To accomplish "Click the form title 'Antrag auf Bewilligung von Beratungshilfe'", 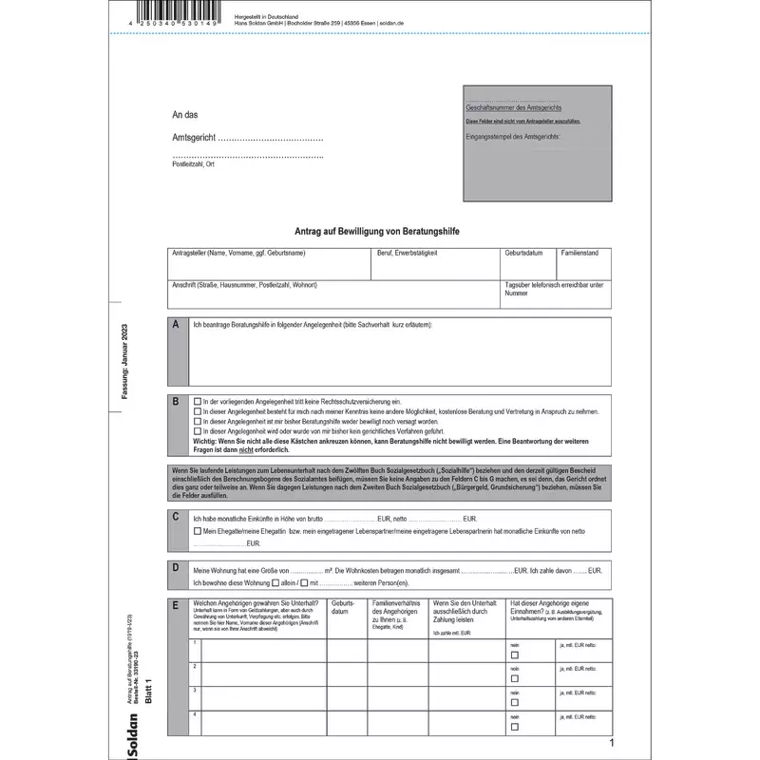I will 378,231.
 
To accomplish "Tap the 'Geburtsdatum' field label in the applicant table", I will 523,254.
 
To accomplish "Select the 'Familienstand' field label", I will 580,254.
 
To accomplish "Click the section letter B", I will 176,402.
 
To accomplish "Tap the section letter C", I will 176,517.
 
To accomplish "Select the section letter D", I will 176,568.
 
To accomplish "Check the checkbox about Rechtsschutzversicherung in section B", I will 197,403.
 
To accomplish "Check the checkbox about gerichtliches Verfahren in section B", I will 197,431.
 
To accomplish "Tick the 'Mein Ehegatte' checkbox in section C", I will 197,532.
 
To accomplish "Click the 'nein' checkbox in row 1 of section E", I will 514,655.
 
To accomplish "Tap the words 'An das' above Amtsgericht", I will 184,115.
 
